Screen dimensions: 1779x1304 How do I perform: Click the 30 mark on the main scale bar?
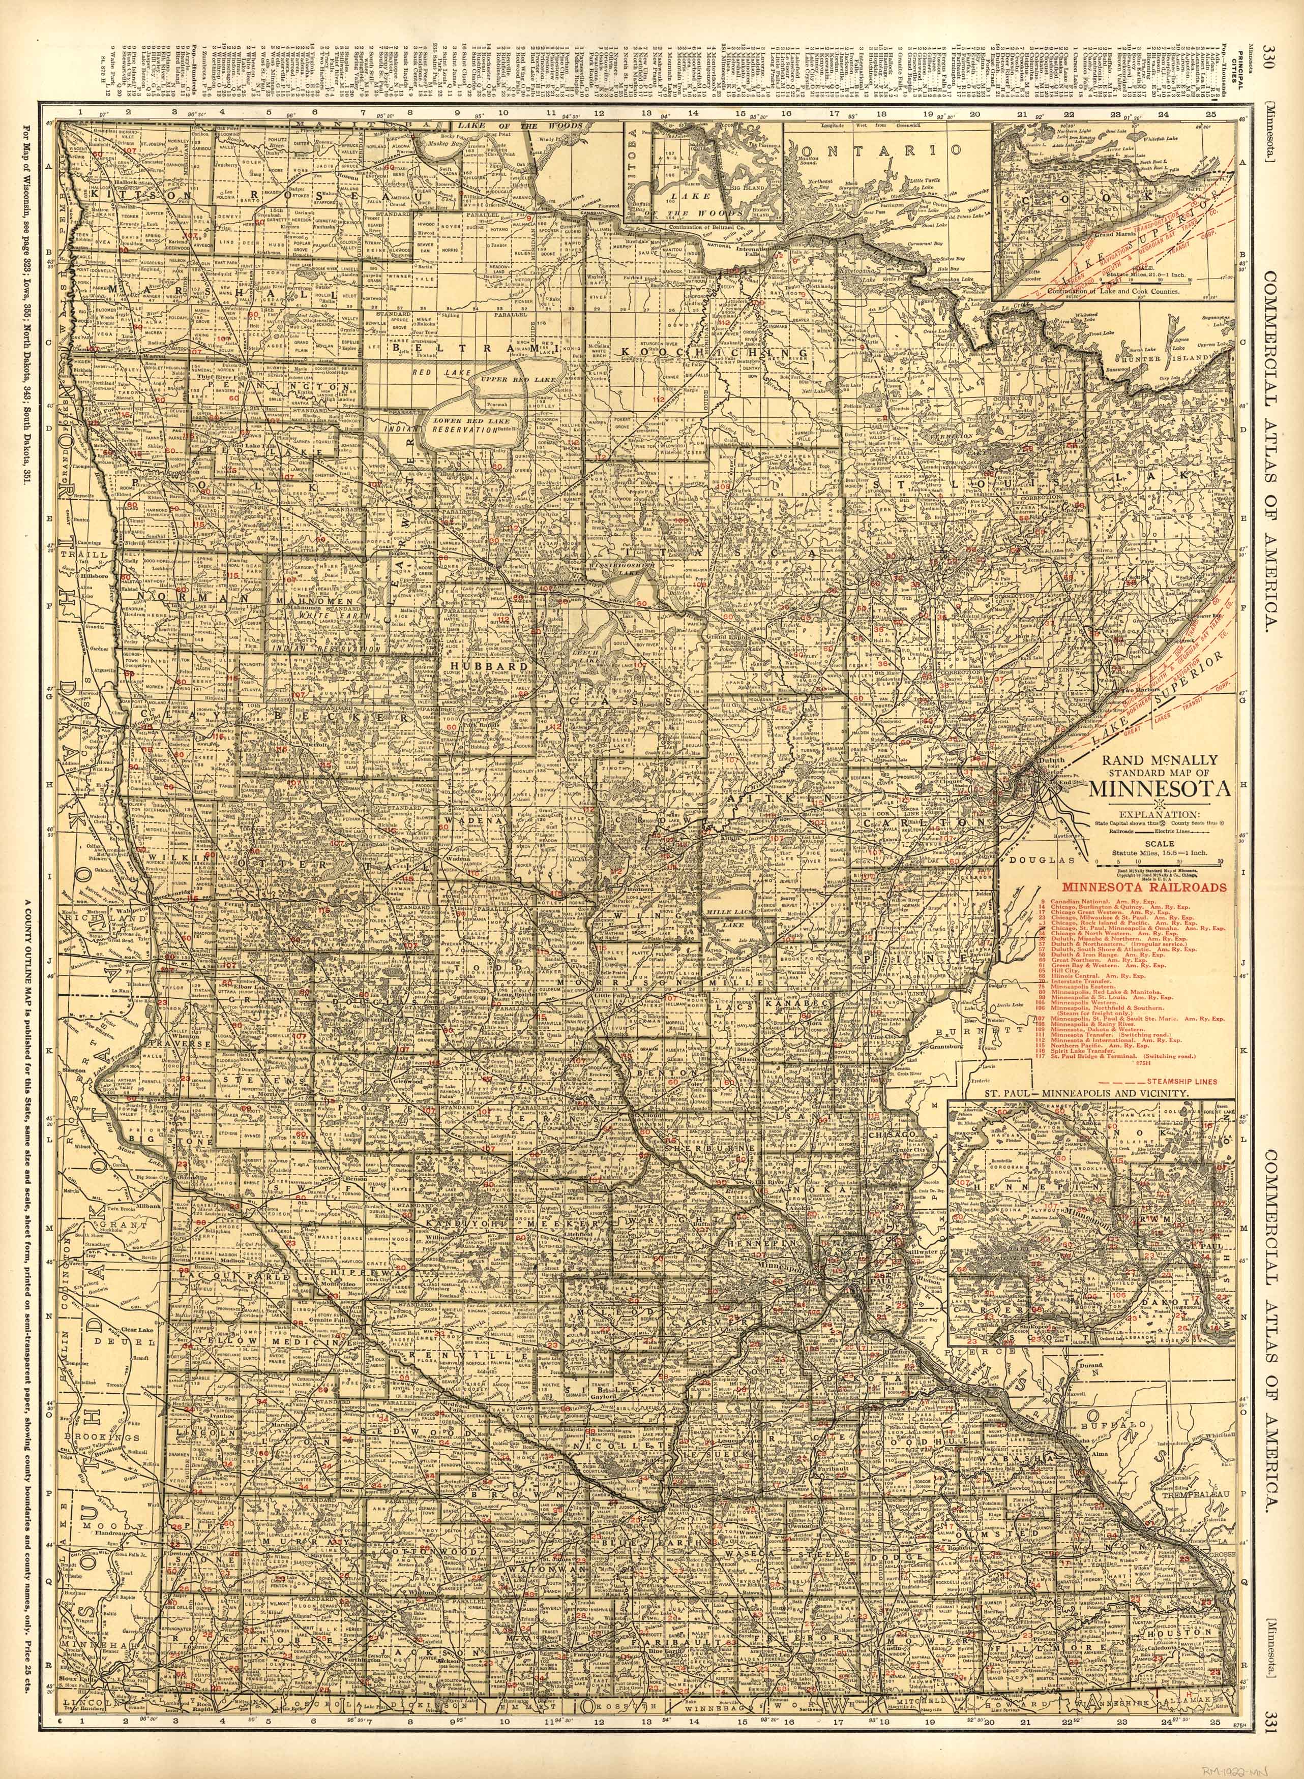[x=1220, y=862]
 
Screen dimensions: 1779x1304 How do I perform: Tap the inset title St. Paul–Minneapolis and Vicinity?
[x=1089, y=1094]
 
